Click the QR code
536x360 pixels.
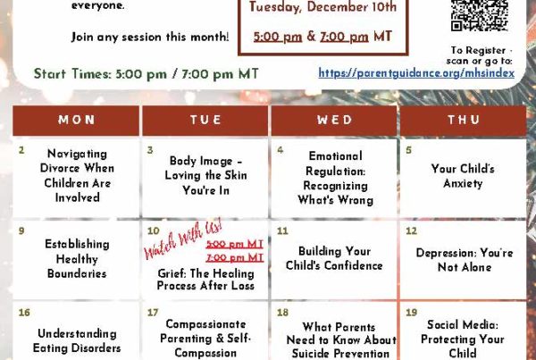coord(479,15)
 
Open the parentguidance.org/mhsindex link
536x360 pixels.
coord(416,73)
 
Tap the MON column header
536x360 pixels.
coord(76,121)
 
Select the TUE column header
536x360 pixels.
coord(205,121)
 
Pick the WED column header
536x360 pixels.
coord(334,121)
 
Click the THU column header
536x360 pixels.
coord(464,121)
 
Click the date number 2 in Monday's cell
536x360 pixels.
coord(21,150)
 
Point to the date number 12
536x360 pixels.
coord(411,231)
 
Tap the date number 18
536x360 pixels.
coord(282,313)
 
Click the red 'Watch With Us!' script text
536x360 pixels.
coord(183,239)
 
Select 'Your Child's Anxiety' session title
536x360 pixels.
coord(463,176)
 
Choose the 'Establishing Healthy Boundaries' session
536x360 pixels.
coord(77,259)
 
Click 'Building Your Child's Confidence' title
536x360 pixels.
coord(334,258)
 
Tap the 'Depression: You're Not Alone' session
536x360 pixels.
coord(465,260)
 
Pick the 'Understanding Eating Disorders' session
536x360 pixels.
coord(77,341)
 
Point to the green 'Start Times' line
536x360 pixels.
coord(147,74)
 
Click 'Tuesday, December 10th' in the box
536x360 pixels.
coord(323,7)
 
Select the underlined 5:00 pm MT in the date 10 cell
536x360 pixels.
coord(234,244)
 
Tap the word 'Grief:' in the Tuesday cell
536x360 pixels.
coord(172,274)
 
